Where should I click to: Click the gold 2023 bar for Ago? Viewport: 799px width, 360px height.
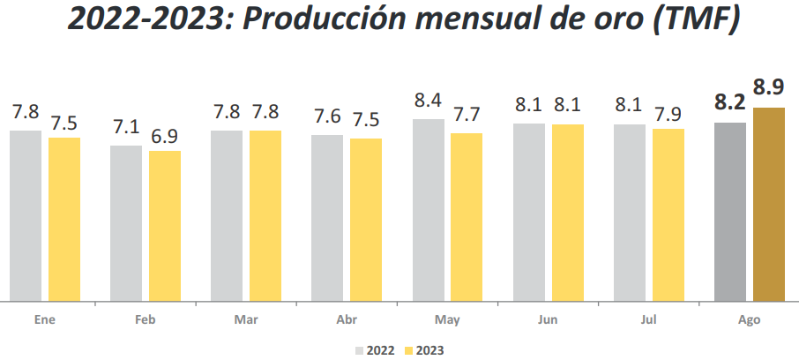[768, 204]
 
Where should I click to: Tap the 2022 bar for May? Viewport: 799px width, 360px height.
[428, 209]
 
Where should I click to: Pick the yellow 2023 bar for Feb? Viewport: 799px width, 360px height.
[165, 226]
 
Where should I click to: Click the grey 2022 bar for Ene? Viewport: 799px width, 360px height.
[26, 215]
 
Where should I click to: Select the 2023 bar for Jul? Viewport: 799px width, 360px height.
[668, 214]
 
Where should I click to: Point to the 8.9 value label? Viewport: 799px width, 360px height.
[769, 87]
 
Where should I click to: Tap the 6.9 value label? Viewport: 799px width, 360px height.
[165, 136]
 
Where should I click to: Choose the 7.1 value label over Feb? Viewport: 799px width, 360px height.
[126, 129]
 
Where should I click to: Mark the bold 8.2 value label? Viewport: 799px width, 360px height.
[729, 103]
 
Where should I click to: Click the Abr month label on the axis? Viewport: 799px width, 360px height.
[347, 320]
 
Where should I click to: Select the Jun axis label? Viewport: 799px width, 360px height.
[548, 320]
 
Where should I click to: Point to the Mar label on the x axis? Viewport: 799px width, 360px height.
[246, 320]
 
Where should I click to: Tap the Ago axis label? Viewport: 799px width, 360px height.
[749, 320]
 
